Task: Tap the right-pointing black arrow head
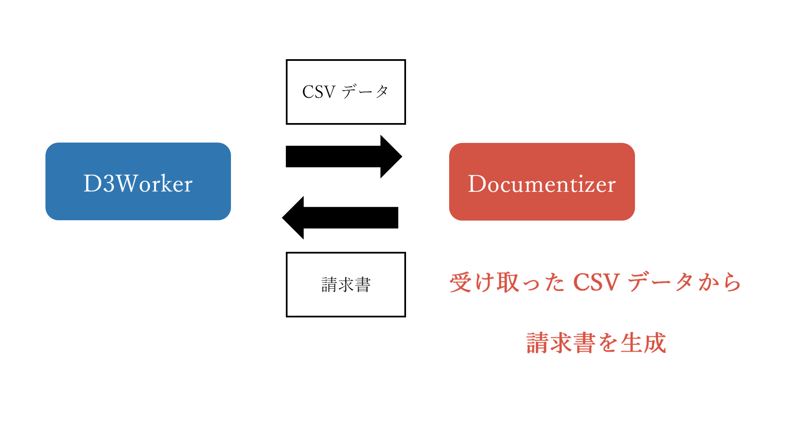pyautogui.click(x=391, y=156)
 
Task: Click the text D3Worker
pyautogui.click(x=138, y=184)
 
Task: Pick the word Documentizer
pyautogui.click(x=542, y=184)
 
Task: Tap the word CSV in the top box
pyautogui.click(x=319, y=92)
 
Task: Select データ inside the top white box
pyautogui.click(x=365, y=91)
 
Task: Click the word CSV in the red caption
pyautogui.click(x=596, y=282)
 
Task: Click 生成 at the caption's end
pyautogui.click(x=643, y=343)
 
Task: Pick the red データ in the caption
pyautogui.click(x=660, y=282)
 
